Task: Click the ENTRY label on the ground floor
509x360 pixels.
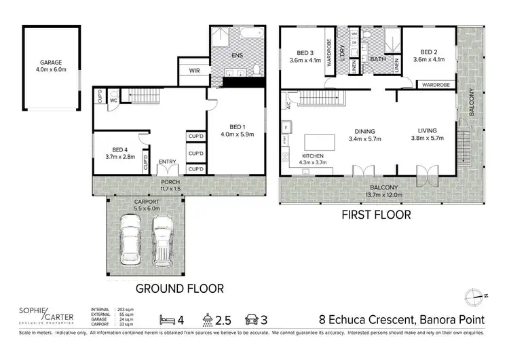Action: click(167, 161)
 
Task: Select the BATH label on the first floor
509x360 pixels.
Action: click(377, 60)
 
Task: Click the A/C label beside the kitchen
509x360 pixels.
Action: click(288, 106)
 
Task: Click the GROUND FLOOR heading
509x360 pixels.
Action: click(179, 288)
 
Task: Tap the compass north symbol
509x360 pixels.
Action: click(474, 295)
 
